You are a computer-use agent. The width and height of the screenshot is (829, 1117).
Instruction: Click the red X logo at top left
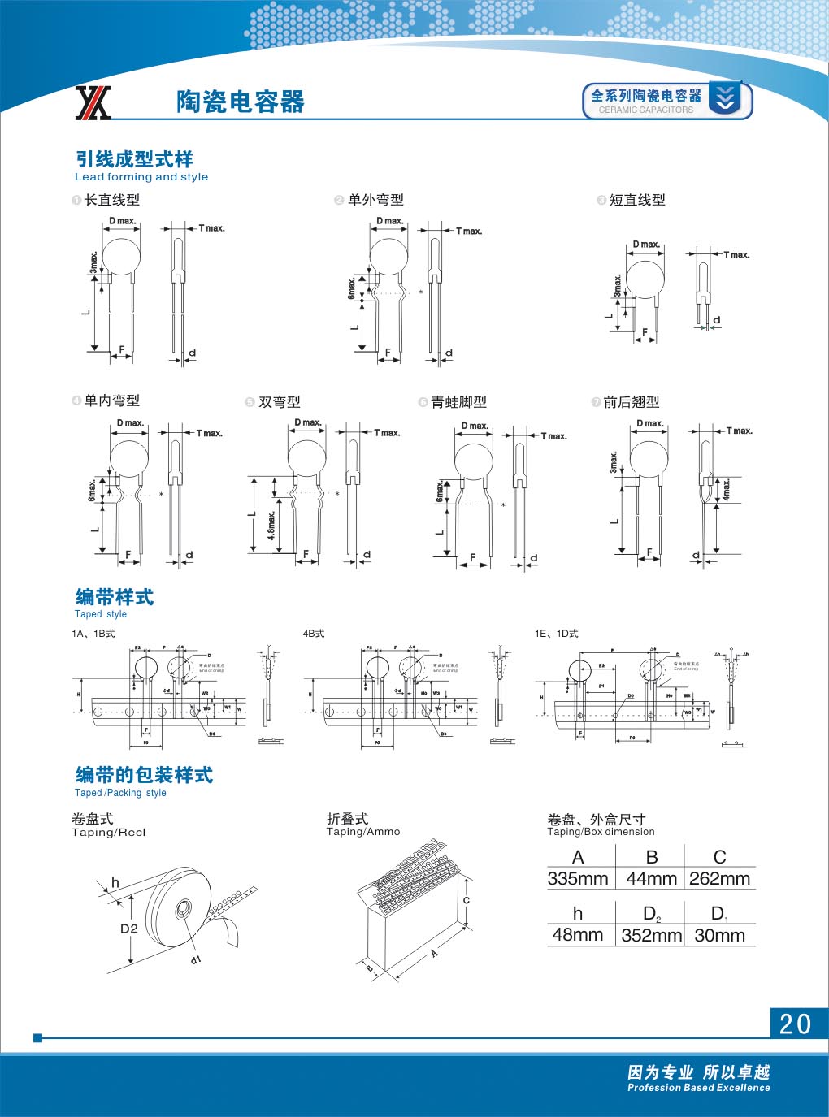point(93,103)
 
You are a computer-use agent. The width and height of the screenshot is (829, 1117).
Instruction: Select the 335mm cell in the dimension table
point(578,879)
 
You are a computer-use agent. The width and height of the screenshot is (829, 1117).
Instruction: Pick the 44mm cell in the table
point(651,879)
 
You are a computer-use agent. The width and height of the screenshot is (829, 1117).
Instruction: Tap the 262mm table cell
point(719,879)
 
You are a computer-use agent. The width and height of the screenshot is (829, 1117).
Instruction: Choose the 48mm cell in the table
point(578,935)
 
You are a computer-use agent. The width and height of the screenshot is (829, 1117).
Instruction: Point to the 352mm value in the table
point(651,936)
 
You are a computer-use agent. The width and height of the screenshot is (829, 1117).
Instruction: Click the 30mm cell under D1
point(719,936)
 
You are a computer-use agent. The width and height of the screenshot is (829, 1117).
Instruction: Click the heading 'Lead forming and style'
point(141,177)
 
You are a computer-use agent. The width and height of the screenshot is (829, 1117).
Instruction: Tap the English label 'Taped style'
point(101,615)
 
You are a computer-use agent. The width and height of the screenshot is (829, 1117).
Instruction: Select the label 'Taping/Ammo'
point(363,832)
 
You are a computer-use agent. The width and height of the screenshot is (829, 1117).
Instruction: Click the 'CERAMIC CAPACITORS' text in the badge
point(646,110)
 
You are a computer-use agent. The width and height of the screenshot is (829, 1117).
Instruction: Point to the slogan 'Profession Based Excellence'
point(698,1088)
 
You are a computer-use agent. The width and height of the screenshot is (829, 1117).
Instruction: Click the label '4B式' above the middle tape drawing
point(314,634)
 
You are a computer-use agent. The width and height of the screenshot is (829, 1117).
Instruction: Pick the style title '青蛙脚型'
point(458,402)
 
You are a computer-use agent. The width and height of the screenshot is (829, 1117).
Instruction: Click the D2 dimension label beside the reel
point(129,929)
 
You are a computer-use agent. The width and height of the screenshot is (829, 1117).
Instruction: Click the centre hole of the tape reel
point(183,907)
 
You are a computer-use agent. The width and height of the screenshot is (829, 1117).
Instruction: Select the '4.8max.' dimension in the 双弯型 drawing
point(272,526)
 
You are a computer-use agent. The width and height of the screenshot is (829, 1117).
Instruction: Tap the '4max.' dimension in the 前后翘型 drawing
point(727,488)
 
